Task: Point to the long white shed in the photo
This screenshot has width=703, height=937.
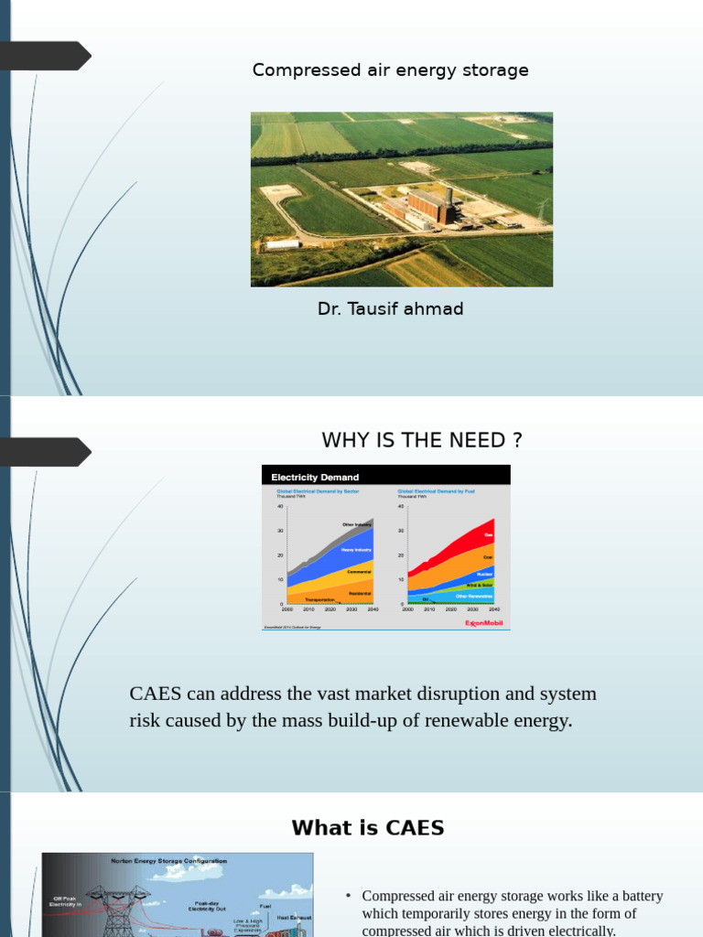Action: tap(283, 244)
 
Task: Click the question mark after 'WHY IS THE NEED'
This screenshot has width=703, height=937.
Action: tap(517, 440)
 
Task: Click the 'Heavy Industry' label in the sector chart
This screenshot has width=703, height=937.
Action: tap(356, 550)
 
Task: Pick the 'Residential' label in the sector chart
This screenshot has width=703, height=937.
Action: tap(360, 593)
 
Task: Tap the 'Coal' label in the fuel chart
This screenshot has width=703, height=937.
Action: tap(488, 556)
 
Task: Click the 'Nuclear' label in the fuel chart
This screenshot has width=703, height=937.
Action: tap(485, 574)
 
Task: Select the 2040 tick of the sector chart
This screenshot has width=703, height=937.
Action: tap(373, 608)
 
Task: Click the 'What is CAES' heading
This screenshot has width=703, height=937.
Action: tap(368, 828)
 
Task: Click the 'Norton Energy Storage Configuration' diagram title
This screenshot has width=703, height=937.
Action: tap(168, 861)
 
